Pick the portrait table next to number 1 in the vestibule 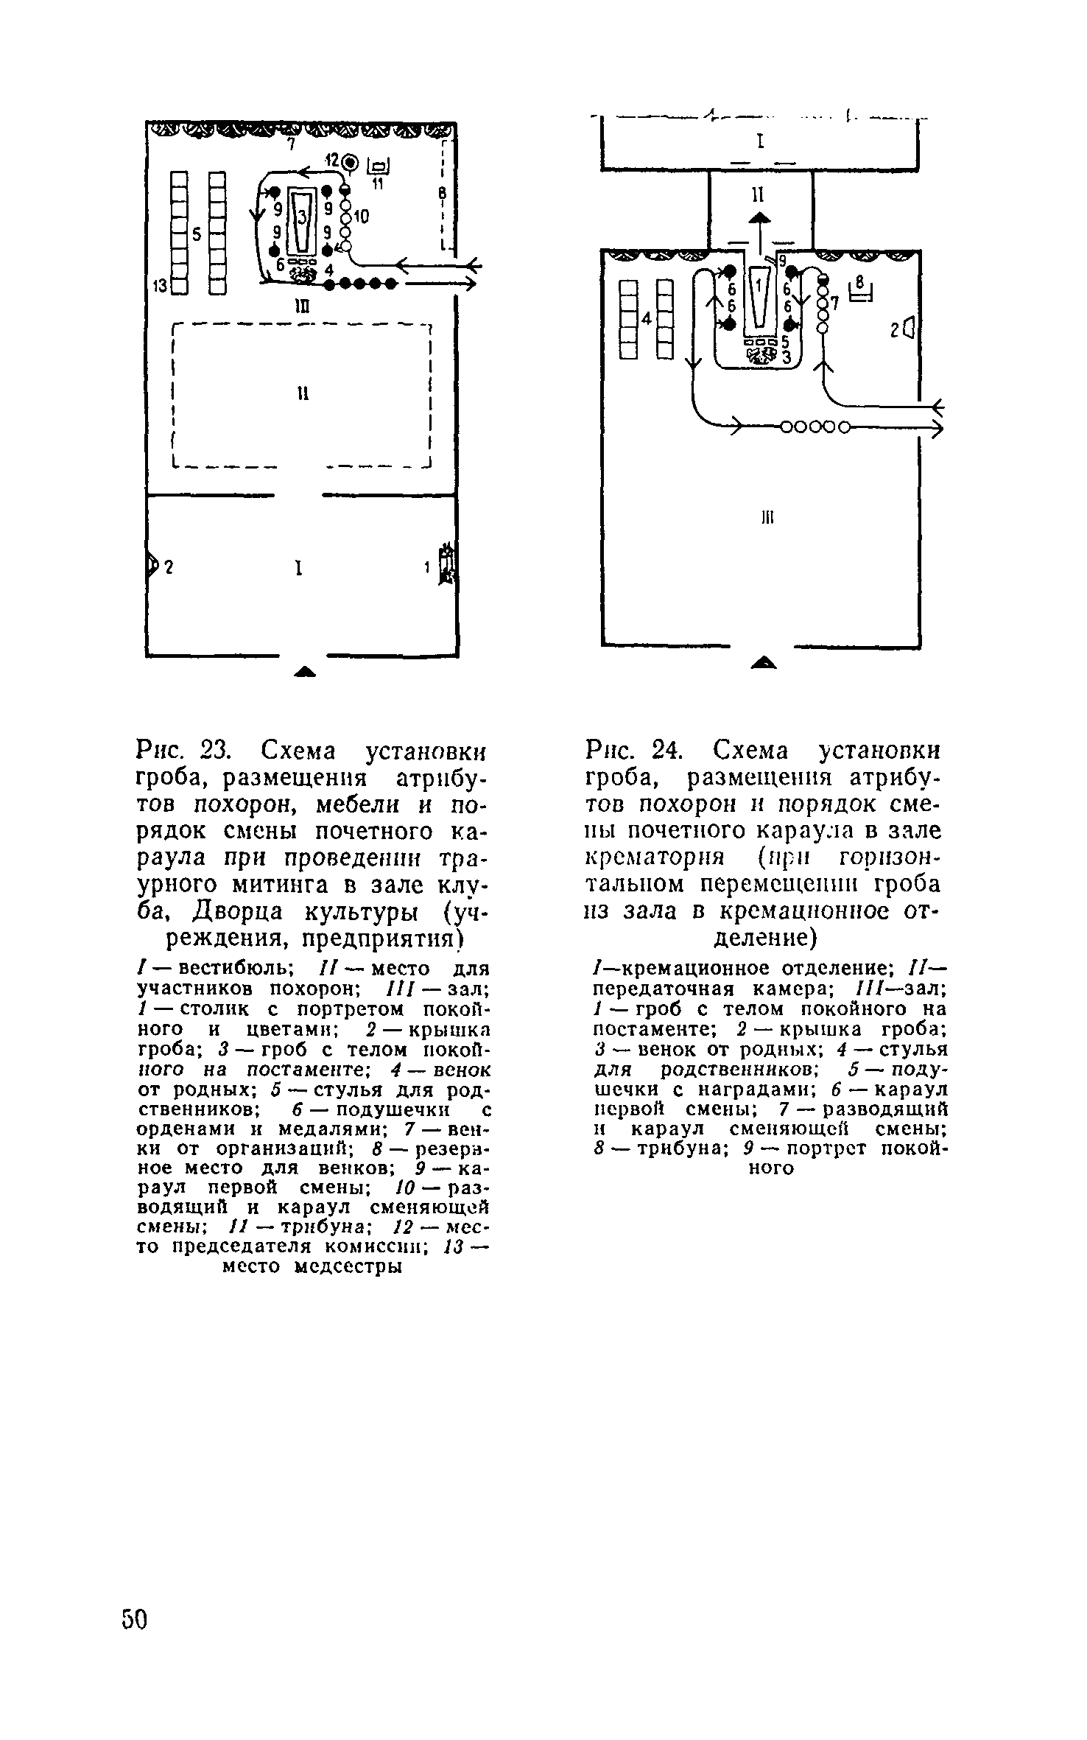click(447, 565)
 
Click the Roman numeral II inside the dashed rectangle click(302, 394)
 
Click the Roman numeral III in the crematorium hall click(764, 518)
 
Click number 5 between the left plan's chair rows click(197, 234)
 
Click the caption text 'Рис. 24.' click(633, 751)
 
